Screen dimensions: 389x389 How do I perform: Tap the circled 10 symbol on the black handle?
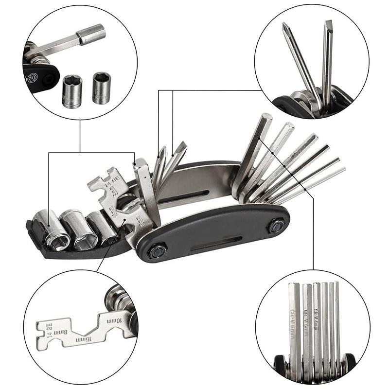(x=33, y=77)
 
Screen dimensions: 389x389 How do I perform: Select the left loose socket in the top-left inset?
(x=72, y=90)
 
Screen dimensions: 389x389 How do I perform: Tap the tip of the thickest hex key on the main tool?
(x=265, y=118)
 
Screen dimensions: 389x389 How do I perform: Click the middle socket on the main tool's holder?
(x=80, y=229)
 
